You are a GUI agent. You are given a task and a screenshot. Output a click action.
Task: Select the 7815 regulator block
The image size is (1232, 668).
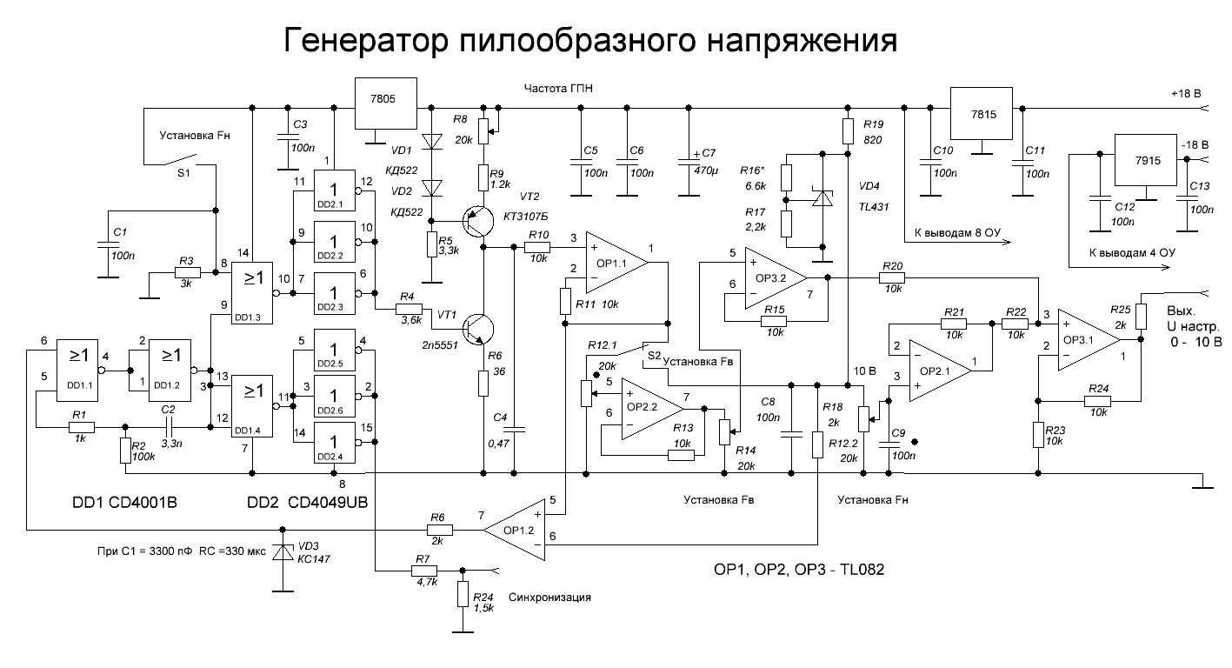(x=982, y=113)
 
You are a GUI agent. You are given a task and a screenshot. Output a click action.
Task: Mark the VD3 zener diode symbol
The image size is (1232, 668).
(x=283, y=552)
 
